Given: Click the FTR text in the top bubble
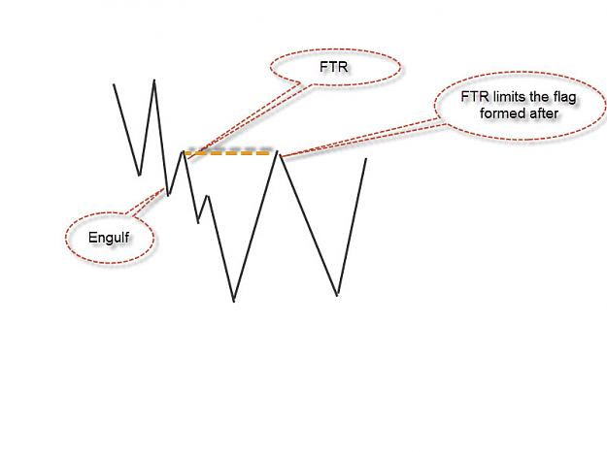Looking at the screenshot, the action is (x=334, y=67).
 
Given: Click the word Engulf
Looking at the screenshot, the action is (x=109, y=238).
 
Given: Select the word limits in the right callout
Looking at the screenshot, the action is (x=506, y=96).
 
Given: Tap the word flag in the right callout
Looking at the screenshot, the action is (x=563, y=97).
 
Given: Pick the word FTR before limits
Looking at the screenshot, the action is (x=474, y=96).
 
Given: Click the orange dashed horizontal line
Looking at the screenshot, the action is (x=227, y=153).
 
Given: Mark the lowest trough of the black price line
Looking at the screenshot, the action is (x=234, y=302).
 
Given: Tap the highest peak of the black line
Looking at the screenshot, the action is (x=154, y=81).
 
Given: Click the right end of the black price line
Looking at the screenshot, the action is (x=366, y=158).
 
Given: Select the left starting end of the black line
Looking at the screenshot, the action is (x=114, y=84).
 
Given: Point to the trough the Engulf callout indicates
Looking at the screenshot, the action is (x=168, y=195).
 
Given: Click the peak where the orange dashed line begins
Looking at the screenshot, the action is (x=183, y=152).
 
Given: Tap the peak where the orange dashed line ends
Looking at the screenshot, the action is (x=277, y=151).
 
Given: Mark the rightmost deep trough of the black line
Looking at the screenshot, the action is (x=338, y=295).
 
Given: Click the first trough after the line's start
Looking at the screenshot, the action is (x=139, y=176).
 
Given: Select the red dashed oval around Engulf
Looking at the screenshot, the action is (x=66, y=238).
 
